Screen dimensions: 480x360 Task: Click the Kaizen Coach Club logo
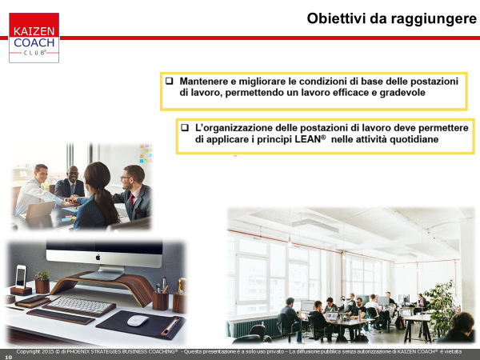[34, 38]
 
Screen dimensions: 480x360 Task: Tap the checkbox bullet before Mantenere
[169, 81]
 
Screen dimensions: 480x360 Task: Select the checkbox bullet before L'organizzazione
[185, 127]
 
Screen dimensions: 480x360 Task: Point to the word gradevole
[402, 93]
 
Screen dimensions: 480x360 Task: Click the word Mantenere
[204, 81]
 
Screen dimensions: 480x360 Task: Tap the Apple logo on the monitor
[98, 257]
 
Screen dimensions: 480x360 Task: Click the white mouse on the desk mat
[138, 321]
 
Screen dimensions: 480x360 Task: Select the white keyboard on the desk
[79, 305]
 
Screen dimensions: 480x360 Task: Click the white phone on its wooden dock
[21, 277]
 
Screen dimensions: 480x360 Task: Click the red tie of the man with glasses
[132, 201]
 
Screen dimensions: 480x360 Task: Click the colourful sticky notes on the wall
[146, 153]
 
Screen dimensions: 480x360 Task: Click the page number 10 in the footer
[8, 357]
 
